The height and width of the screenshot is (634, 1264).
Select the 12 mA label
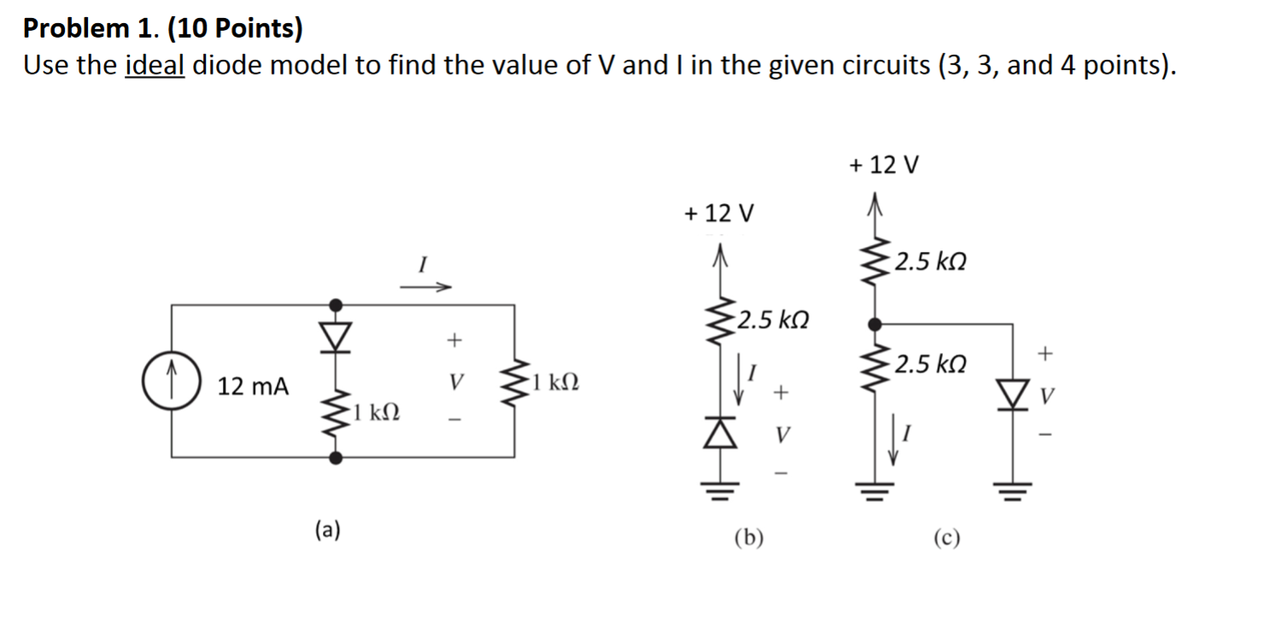253,387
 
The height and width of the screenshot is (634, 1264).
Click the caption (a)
327,530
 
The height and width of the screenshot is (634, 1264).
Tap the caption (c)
948,537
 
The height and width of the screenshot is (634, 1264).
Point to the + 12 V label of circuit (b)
719,213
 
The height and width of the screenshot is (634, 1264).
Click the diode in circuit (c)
1015,396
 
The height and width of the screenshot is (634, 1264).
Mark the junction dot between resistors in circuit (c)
874,324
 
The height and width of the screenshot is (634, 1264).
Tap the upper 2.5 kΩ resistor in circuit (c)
874,261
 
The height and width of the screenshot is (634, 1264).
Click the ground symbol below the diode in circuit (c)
1015,489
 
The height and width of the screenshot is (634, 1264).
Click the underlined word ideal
155,66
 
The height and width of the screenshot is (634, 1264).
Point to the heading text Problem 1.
86,29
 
